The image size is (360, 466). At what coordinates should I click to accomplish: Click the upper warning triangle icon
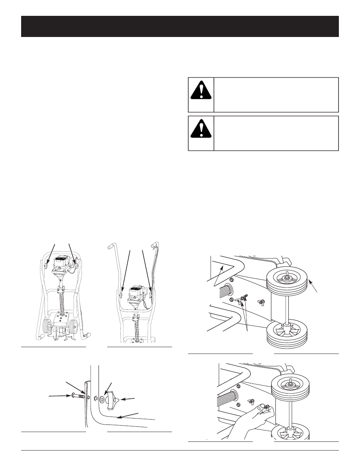pyautogui.click(x=201, y=90)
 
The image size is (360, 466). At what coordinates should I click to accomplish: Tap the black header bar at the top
pyautogui.click(x=180, y=26)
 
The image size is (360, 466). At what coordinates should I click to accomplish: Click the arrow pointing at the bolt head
pyautogui.click(x=58, y=396)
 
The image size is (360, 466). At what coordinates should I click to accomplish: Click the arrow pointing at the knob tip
pyautogui.click(x=129, y=398)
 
